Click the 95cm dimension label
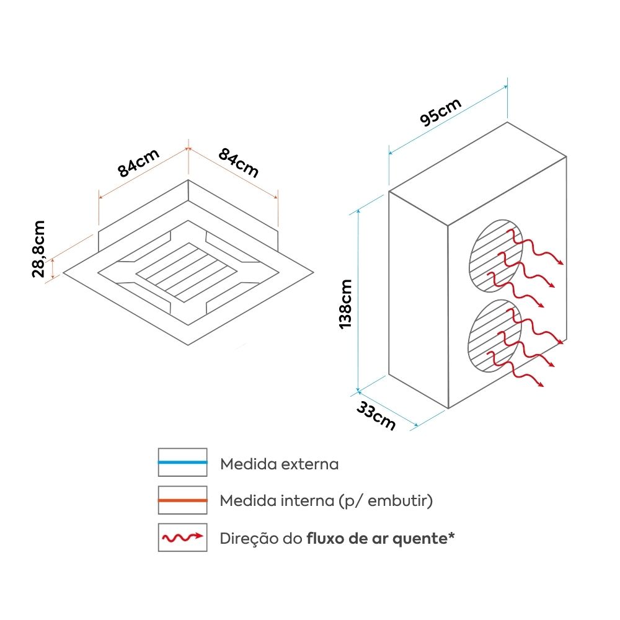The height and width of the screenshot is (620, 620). click(441, 112)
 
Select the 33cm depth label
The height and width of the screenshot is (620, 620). click(376, 416)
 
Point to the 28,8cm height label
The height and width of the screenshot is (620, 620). click(39, 249)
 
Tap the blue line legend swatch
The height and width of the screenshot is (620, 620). click(182, 463)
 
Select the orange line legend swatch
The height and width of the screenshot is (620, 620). click(182, 500)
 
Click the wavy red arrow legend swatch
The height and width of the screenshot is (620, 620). click(182, 537)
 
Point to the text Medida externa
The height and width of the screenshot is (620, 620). click(279, 464)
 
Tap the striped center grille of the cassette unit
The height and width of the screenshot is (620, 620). click(187, 272)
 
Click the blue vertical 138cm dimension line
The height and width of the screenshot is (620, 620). click(358, 301)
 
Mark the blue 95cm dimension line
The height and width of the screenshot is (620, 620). click(448, 120)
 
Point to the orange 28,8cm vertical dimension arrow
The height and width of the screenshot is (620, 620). click(53, 268)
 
